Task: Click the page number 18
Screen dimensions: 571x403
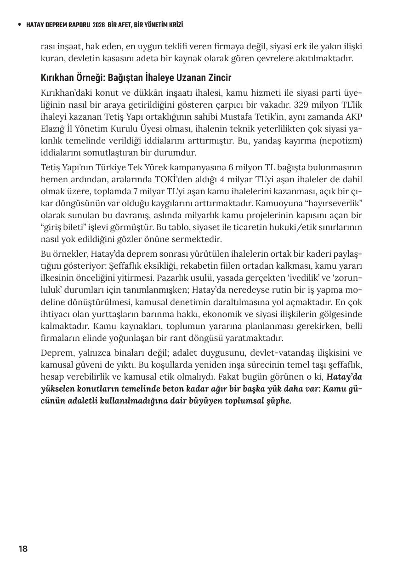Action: pyautogui.click(x=23, y=548)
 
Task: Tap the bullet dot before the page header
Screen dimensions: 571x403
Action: pyautogui.click(x=19, y=24)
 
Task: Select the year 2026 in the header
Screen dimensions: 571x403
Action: pyautogui.click(x=98, y=25)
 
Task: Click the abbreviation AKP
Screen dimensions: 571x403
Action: pyautogui.click(x=353, y=115)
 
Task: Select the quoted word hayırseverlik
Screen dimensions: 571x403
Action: pyautogui.click(x=335, y=203)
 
